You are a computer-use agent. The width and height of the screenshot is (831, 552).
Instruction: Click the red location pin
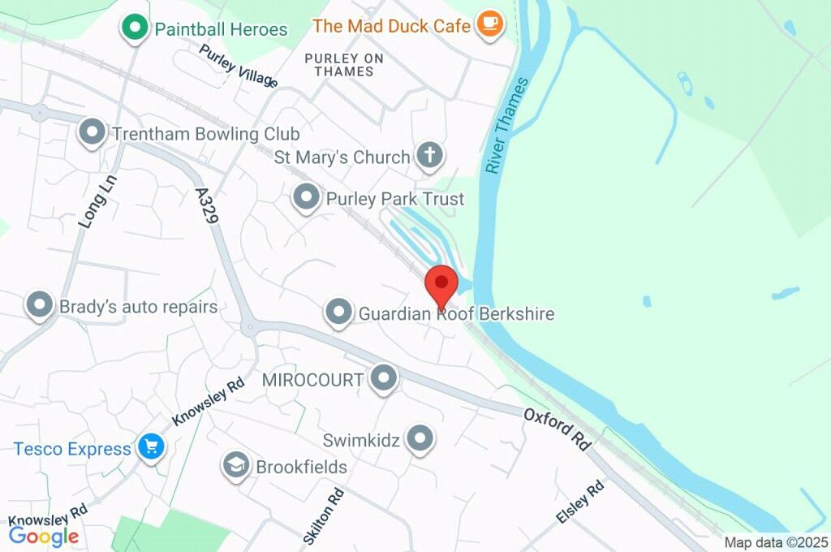[442, 284]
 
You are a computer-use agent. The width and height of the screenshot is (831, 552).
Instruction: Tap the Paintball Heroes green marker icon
[134, 28]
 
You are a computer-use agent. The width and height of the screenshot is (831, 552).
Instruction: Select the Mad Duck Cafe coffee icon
[489, 24]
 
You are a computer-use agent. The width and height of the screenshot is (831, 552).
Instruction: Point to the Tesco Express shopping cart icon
[151, 446]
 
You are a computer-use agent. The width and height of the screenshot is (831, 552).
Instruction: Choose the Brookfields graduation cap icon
[235, 465]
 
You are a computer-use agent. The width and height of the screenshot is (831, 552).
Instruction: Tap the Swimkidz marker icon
[420, 438]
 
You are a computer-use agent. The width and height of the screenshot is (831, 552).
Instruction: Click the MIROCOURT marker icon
[383, 377]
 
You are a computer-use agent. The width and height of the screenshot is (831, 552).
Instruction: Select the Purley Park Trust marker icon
[306, 196]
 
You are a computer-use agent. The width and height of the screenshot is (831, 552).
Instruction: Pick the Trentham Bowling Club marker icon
[93, 132]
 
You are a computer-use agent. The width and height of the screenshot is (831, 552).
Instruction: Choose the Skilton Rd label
[323, 515]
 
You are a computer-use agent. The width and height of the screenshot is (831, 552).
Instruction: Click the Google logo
[44, 536]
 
